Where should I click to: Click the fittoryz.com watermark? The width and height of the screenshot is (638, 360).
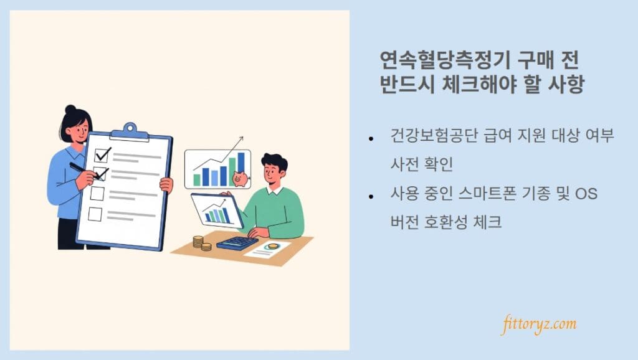540,324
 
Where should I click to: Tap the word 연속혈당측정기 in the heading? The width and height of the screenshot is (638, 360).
444,60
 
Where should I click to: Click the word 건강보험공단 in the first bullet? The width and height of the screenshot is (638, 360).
434,135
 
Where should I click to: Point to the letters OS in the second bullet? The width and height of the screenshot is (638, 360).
586,194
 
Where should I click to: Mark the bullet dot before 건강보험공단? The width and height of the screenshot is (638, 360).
371,139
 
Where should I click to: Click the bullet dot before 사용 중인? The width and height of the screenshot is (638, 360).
371,197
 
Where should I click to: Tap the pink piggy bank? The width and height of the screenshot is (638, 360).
240,178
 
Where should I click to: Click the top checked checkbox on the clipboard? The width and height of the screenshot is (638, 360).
102,154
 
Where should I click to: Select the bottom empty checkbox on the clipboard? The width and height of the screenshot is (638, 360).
95,214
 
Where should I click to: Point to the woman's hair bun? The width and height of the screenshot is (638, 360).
70,109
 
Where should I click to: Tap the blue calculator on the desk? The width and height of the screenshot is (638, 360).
237,243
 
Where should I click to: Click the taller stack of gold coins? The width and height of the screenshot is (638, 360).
198,242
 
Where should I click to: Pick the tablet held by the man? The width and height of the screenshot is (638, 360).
217,211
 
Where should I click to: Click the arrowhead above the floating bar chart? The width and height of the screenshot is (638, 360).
240,139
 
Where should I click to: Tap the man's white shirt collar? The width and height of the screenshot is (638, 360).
275,190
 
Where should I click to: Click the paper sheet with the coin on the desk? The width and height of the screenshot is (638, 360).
267,249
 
